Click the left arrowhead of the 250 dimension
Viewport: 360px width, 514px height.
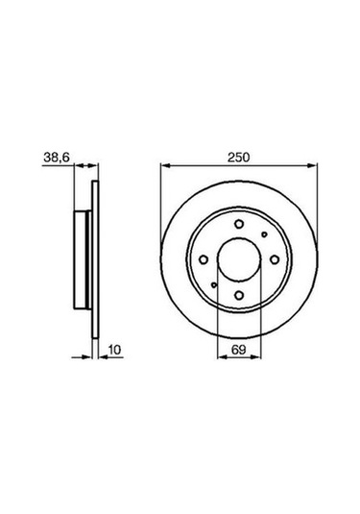[x=163, y=165]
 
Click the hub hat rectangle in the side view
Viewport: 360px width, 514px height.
[x=84, y=260]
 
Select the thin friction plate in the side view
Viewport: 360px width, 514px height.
[x=93, y=260]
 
